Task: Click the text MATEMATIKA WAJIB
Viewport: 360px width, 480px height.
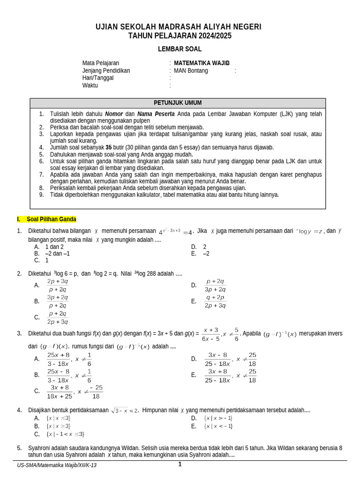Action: tap(202, 63)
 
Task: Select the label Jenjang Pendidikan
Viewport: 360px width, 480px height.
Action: tap(106, 71)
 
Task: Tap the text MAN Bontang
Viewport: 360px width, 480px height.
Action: tap(191, 71)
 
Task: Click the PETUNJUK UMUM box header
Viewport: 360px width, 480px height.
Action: tap(178, 103)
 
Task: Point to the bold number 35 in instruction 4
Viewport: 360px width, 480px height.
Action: tap(109, 147)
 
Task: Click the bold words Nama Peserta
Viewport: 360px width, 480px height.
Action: tap(156, 114)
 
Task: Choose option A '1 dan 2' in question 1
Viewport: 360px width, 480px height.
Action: tap(54, 247)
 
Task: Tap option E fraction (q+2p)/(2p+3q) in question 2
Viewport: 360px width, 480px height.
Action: tap(215, 301)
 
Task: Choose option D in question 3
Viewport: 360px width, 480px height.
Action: tap(219, 359)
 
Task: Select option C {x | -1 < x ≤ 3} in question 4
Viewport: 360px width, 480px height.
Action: tap(65, 434)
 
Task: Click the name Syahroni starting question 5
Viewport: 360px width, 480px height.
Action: tap(41, 448)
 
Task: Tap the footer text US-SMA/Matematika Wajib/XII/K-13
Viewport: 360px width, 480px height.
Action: tap(57, 465)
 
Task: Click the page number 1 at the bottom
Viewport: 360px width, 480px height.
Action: tap(180, 465)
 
